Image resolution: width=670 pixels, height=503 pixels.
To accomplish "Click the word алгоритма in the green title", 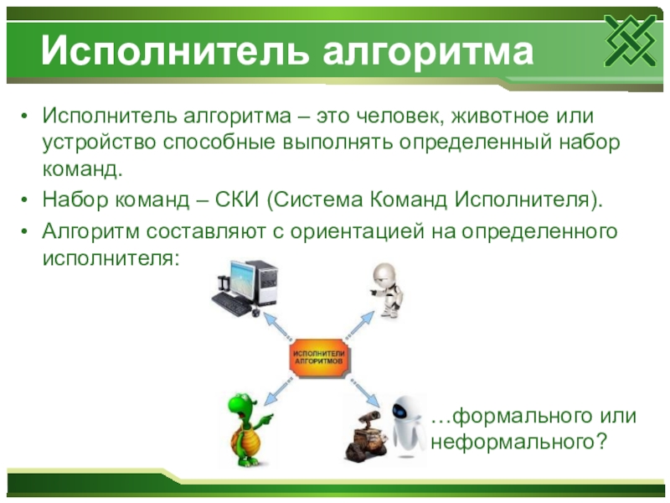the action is [428, 52].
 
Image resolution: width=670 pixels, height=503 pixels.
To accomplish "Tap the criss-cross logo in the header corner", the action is [631, 40].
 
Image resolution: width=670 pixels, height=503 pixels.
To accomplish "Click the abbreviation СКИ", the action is [237, 200].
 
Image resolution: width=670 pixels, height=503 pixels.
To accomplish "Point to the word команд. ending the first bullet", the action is [82, 169].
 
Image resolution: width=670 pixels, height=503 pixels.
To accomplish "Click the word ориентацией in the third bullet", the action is [358, 232].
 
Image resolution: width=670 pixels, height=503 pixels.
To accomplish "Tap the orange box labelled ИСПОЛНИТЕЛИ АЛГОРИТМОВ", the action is [319, 359].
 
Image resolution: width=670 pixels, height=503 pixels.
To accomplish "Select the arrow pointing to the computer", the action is [277, 326].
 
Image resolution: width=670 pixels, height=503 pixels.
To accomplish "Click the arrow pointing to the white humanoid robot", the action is [359, 325].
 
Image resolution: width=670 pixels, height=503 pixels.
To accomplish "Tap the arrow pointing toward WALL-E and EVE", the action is [365, 392].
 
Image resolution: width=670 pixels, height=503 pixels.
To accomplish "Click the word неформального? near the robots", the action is [518, 442].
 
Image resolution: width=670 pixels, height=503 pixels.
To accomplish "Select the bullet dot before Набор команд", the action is [24, 200].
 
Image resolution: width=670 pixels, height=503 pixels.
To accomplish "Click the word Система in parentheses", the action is [318, 200].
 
